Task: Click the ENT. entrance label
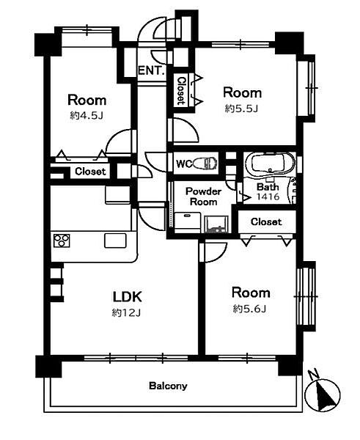click(x=151, y=70)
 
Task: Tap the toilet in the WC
click(x=206, y=163)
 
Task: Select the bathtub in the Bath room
click(x=270, y=164)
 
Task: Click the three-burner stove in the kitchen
click(x=62, y=241)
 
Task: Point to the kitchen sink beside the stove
click(x=115, y=241)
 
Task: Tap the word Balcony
click(x=168, y=386)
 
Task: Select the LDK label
click(x=128, y=296)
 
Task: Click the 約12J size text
click(x=126, y=312)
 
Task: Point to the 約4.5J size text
click(x=87, y=115)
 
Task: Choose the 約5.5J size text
click(x=241, y=109)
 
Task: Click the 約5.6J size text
click(x=249, y=309)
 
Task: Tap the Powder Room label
click(x=203, y=197)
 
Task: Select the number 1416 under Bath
click(x=268, y=197)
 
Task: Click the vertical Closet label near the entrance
click(x=182, y=91)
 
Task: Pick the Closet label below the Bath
click(x=266, y=221)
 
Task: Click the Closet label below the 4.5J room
click(x=90, y=171)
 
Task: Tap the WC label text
click(x=184, y=164)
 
